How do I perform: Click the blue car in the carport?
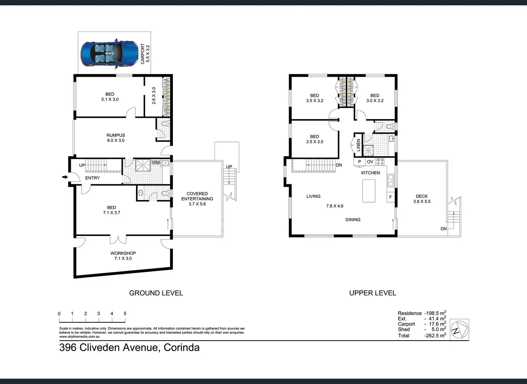pyautogui.click(x=110, y=54)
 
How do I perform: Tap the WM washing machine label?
pyautogui.click(x=155, y=162)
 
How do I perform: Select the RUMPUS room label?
pyautogui.click(x=116, y=135)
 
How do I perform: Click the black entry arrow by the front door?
pyautogui.click(x=65, y=177)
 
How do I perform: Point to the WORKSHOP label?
pyautogui.click(x=123, y=253)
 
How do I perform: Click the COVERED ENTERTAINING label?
pyautogui.click(x=197, y=196)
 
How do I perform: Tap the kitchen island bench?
pyautogui.click(x=369, y=191)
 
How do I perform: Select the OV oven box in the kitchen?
pyautogui.click(x=370, y=162)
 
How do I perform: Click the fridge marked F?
pyautogui.click(x=391, y=197)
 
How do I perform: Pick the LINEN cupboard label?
pyautogui.click(x=358, y=145)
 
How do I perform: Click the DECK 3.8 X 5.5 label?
pyautogui.click(x=422, y=199)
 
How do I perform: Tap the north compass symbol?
pyautogui.click(x=459, y=330)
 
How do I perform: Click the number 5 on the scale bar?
pyautogui.click(x=125, y=314)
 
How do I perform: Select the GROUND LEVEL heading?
pyautogui.click(x=156, y=293)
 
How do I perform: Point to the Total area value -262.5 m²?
pyautogui.click(x=435, y=335)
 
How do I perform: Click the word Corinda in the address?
pyautogui.click(x=182, y=347)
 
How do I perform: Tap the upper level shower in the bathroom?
pyautogui.click(x=368, y=151)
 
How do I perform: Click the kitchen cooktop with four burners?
pyautogui.click(x=381, y=161)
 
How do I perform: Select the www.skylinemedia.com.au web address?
pyautogui.click(x=79, y=337)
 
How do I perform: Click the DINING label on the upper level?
pyautogui.click(x=353, y=219)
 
